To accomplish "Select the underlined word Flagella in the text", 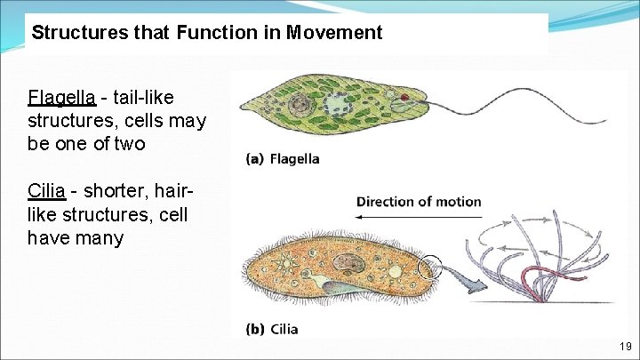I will pos(61,97).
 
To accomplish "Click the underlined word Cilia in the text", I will pos(46,191).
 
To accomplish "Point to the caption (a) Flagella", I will pos(283,159).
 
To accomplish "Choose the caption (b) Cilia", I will pos(272,329).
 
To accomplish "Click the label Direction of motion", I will pos(419,202).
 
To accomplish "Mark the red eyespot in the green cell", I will pos(404,97).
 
